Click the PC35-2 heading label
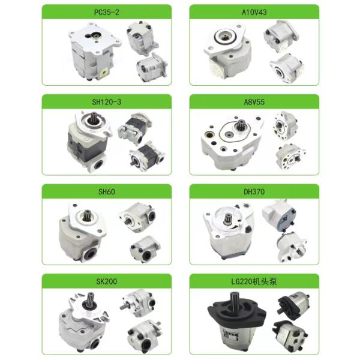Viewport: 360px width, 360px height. tap(107, 12)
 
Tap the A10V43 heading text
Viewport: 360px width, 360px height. tap(254, 12)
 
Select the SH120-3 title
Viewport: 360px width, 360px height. tap(107, 102)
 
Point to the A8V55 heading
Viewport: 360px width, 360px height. tap(254, 102)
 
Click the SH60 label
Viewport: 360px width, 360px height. tap(107, 191)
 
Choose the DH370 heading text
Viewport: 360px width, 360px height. tap(254, 191)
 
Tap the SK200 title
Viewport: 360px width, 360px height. tap(107, 281)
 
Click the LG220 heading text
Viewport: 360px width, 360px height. tap(242, 281)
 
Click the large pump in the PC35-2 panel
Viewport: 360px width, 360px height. tap(95, 51)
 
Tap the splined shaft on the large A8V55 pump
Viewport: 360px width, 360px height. tap(241, 125)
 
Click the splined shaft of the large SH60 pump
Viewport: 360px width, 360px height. tap(87, 215)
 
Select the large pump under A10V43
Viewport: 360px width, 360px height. tap(228, 51)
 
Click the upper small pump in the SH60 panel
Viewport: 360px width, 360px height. tap(137, 217)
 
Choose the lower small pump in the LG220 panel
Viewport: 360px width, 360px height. tap(290, 335)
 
